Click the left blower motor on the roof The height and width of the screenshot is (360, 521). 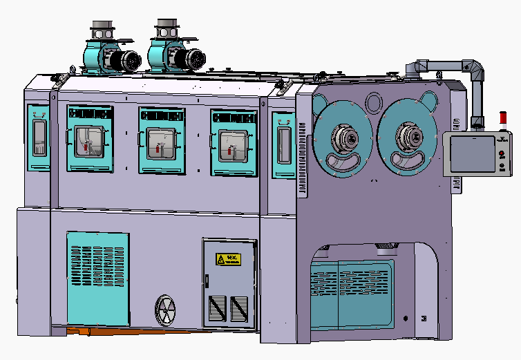click(x=126, y=61)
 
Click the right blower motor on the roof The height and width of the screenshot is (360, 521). click(x=190, y=56)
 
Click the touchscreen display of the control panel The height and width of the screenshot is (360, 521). click(x=470, y=153)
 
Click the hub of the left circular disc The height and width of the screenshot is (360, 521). click(x=343, y=136)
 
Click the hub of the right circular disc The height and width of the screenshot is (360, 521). click(x=408, y=136)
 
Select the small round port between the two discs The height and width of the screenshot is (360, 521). click(x=373, y=102)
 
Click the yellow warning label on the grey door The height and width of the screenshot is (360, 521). click(x=229, y=260)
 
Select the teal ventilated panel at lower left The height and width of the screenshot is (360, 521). click(x=97, y=278)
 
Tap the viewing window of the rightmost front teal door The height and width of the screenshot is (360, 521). click(x=233, y=146)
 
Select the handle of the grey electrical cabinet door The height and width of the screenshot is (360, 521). click(x=206, y=280)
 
